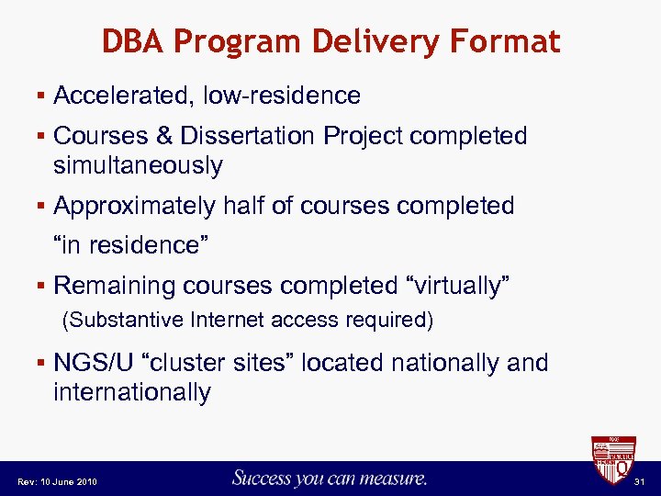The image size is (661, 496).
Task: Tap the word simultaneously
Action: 138,165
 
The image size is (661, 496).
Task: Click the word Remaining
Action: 115,286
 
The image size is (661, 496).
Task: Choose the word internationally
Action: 132,392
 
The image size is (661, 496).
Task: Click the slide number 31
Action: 641,481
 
